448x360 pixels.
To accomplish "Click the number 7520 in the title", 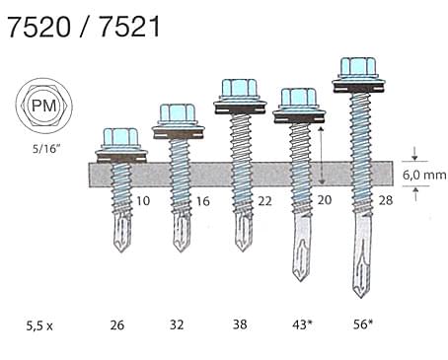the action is tap(38, 27).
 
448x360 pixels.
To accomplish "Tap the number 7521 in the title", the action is tap(129, 27).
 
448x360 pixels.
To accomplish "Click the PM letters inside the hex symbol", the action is tap(44, 107).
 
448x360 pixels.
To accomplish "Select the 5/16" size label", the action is tap(46, 149).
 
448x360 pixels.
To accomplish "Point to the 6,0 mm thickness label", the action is tap(424, 175).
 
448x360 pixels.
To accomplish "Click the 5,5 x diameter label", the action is tap(39, 325).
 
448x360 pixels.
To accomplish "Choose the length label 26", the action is tap(117, 325).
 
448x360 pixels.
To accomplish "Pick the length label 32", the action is tap(177, 324).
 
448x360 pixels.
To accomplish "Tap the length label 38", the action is tap(240, 324).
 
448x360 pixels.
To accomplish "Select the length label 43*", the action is tap(303, 324).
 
